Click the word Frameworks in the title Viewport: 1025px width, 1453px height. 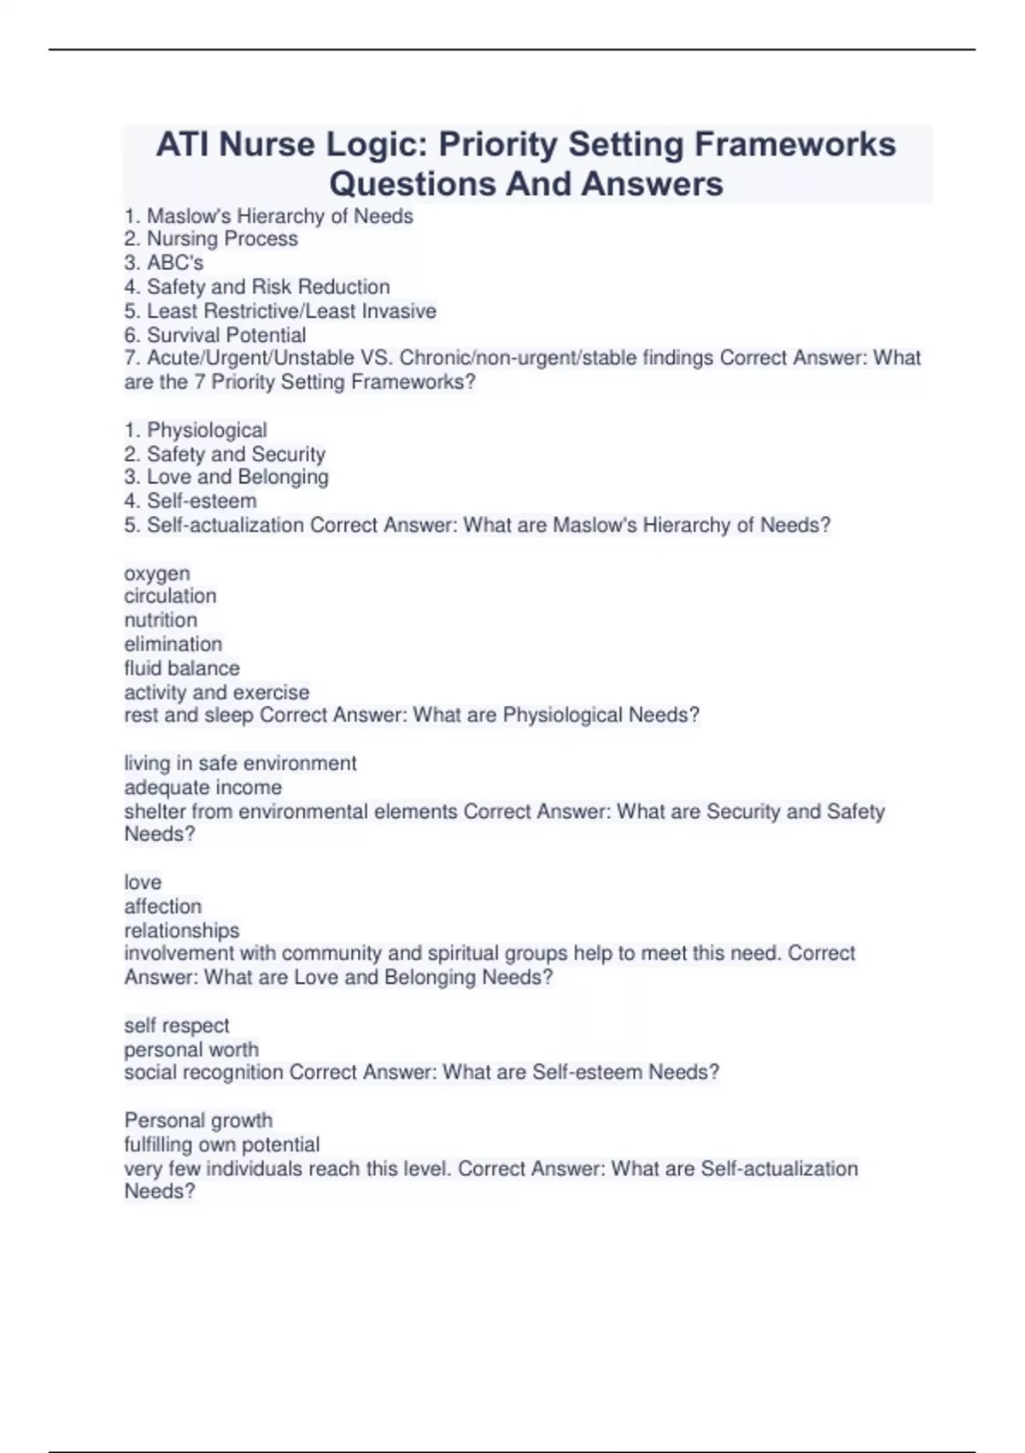click(795, 144)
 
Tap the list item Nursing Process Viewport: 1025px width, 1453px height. click(222, 239)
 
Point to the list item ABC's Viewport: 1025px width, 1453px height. click(174, 263)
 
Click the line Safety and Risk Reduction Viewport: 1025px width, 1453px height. click(267, 287)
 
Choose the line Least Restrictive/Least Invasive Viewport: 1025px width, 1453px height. click(290, 311)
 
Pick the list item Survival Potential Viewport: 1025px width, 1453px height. click(225, 335)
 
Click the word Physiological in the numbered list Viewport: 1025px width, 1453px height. click(207, 430)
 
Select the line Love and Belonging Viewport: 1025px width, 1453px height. click(237, 477)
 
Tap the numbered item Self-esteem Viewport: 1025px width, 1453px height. click(201, 501)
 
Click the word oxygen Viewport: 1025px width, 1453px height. click(157, 574)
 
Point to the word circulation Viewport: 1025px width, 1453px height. click(170, 596)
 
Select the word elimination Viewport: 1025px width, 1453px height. click(173, 644)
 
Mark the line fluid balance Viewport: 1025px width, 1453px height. click(182, 668)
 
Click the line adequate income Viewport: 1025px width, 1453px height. click(202, 787)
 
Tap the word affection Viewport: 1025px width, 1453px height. click(162, 906)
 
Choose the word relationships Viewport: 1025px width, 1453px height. click(182, 930)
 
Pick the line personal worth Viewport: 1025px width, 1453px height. click(191, 1050)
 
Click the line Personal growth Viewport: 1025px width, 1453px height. click(198, 1121)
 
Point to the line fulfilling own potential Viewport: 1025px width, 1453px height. click(222, 1144)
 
